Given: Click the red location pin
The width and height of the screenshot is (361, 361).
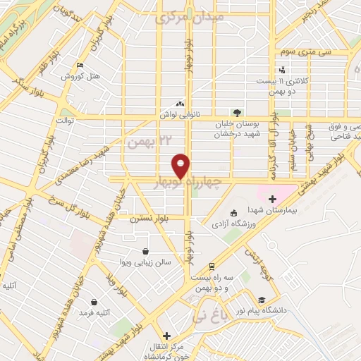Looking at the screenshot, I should coord(181,165).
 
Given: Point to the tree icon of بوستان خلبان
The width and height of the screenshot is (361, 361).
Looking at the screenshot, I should coord(237,112).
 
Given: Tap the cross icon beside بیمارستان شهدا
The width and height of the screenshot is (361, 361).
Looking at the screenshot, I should coord(272,200).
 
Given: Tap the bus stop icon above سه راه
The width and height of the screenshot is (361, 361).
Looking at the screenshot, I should coord(212,267).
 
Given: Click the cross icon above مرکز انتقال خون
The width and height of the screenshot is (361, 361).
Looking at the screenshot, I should coord(166,336).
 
